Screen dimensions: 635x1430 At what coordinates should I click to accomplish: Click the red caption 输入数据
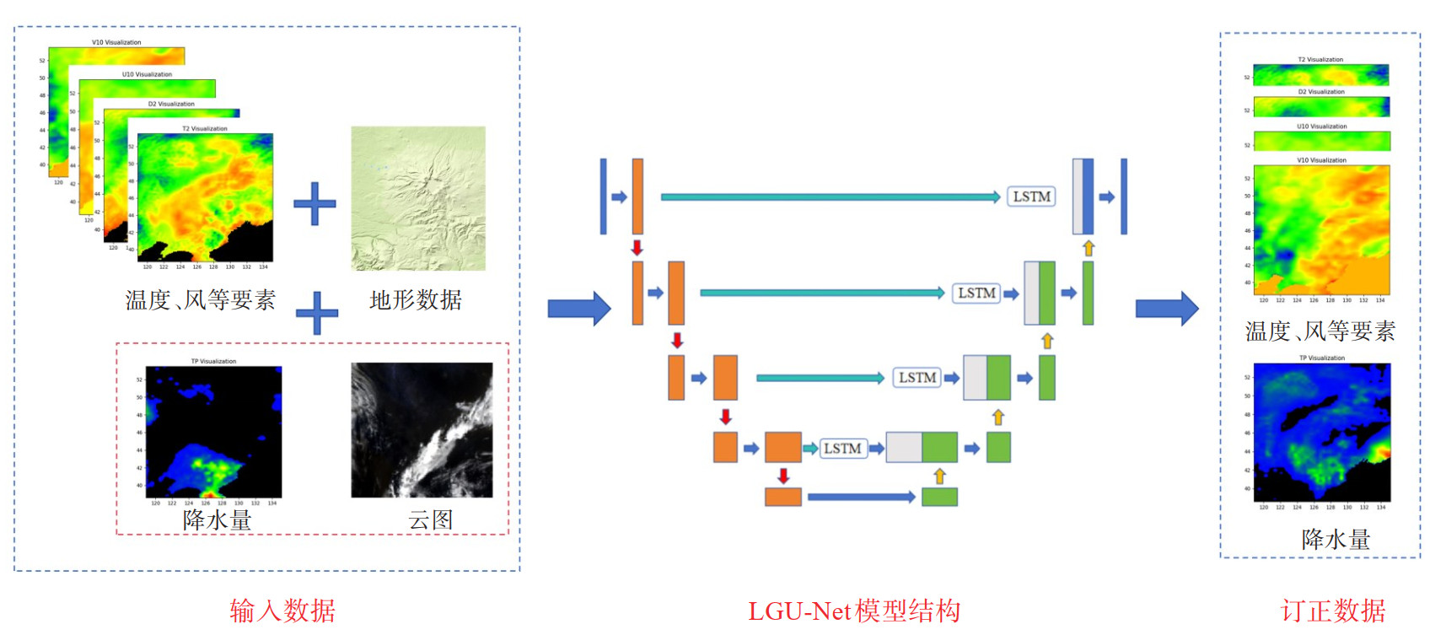pyautogui.click(x=282, y=611)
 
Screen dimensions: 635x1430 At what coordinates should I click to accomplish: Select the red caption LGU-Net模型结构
pyautogui.click(x=853, y=611)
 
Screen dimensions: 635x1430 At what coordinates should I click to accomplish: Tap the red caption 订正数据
pyautogui.click(x=1333, y=611)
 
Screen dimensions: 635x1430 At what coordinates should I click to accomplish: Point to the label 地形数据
pyautogui.click(x=416, y=300)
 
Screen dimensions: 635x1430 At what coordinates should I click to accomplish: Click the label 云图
pyautogui.click(x=431, y=519)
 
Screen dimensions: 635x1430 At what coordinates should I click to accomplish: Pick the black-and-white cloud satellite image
pyautogui.click(x=422, y=430)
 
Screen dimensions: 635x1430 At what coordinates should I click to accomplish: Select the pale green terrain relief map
pyautogui.click(x=418, y=198)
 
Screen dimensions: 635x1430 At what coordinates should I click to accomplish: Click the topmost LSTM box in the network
pyautogui.click(x=1031, y=196)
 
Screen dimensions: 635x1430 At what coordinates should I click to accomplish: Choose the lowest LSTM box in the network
pyautogui.click(x=842, y=449)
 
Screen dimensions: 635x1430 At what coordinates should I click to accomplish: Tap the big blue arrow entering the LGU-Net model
pyautogui.click(x=578, y=309)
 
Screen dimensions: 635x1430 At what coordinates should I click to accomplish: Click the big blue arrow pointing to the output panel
pyautogui.click(x=1167, y=309)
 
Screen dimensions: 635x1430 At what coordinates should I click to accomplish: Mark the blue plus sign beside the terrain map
pyautogui.click(x=314, y=203)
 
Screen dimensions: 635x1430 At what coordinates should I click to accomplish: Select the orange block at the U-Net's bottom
pyautogui.click(x=782, y=497)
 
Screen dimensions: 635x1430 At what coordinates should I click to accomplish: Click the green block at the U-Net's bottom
pyautogui.click(x=939, y=497)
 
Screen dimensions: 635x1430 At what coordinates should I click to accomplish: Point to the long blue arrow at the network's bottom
pyautogui.click(x=861, y=497)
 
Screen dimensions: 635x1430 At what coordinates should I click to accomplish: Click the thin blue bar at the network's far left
pyautogui.click(x=603, y=196)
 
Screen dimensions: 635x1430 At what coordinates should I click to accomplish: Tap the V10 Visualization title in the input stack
pyautogui.click(x=116, y=42)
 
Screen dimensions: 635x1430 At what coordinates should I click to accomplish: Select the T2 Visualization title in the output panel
pyautogui.click(x=1320, y=60)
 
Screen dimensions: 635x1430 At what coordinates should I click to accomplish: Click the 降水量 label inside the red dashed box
pyautogui.click(x=217, y=520)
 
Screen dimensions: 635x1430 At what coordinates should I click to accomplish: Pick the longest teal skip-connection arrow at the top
pyautogui.click(x=830, y=196)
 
